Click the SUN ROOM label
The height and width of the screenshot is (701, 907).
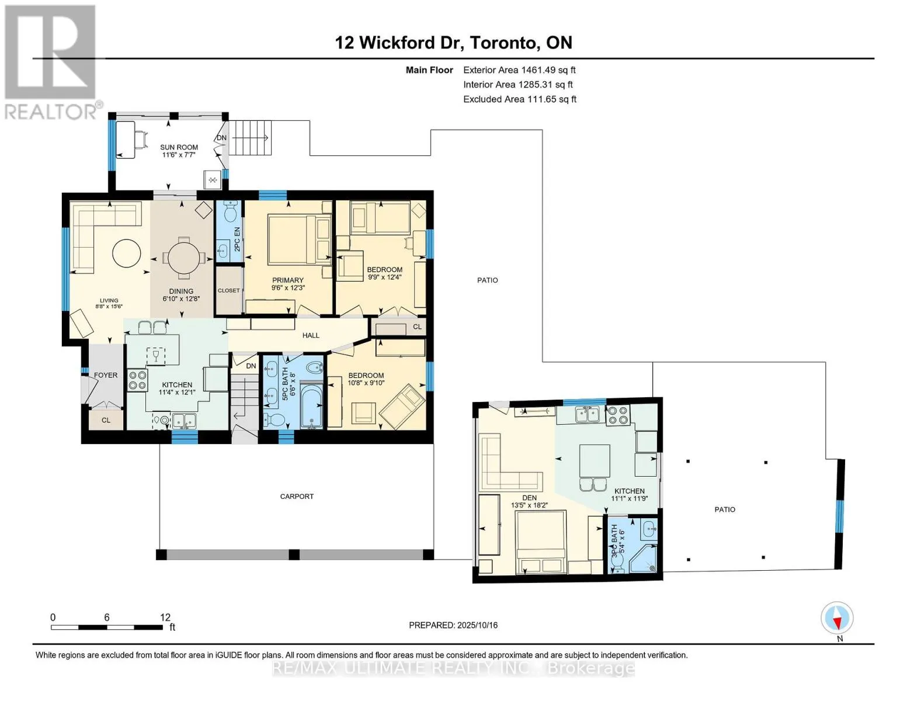[x=179, y=147]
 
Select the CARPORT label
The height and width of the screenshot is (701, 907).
[x=296, y=497]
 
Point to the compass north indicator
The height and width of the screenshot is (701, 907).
[x=837, y=618]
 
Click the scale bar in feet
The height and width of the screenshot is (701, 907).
[x=107, y=627]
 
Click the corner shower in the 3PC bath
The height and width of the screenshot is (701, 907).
[x=643, y=558]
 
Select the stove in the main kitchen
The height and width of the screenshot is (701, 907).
[x=137, y=380]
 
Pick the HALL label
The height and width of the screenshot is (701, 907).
[x=311, y=335]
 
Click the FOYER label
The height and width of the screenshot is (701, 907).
[x=106, y=376]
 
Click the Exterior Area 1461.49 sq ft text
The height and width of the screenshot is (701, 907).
[x=519, y=70]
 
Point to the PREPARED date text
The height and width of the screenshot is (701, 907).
[x=453, y=625]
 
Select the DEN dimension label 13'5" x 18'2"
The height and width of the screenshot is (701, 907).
[x=529, y=505]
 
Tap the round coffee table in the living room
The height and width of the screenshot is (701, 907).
[x=127, y=254]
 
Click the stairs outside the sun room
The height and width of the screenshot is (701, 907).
[x=250, y=138]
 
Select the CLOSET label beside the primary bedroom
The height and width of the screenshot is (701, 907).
[x=229, y=290]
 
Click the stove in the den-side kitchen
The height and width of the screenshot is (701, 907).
[x=618, y=415]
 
